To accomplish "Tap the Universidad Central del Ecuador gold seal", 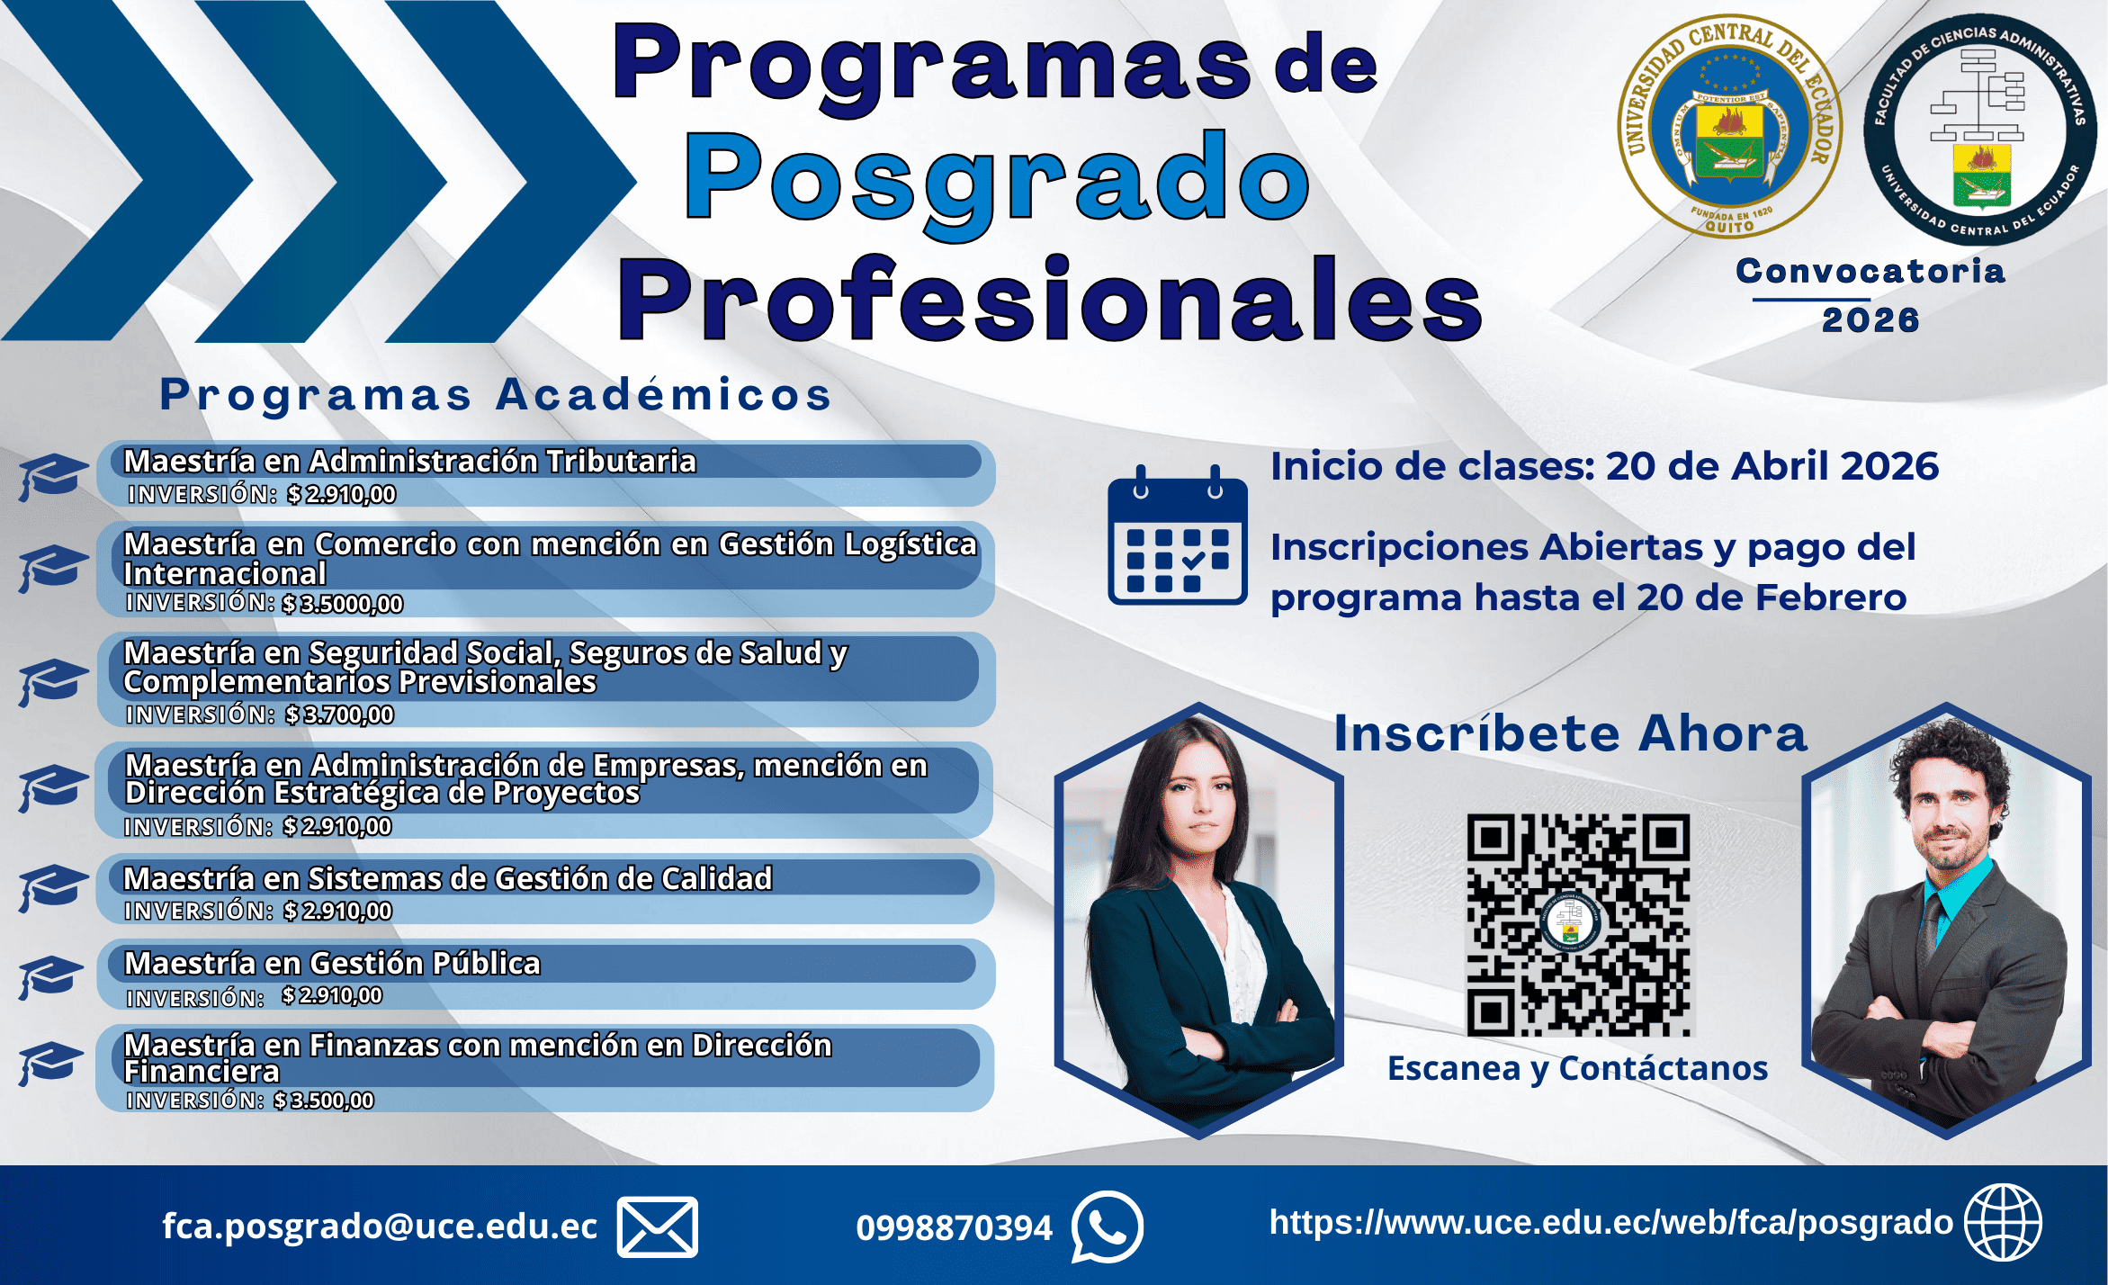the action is click(x=1729, y=126).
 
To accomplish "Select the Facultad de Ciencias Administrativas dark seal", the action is click(x=1979, y=128).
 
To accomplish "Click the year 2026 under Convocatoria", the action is click(x=1870, y=320).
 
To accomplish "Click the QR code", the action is click(x=1579, y=925).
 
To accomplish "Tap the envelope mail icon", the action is click(x=658, y=1227).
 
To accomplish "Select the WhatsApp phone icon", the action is click(x=1107, y=1227).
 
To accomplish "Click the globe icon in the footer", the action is click(x=2003, y=1222).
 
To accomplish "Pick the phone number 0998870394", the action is click(x=954, y=1227).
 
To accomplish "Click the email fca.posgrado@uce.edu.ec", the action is click(x=380, y=1227).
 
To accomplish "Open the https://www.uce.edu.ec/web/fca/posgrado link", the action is click(x=1610, y=1222).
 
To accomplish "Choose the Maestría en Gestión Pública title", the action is click(x=332, y=963).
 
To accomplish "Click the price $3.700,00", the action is click(x=340, y=714).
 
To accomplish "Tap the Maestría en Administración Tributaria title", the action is click(x=409, y=461).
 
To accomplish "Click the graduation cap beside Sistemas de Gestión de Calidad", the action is click(x=52, y=888).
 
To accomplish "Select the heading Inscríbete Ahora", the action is click(x=1570, y=733).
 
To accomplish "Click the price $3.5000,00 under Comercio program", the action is click(x=343, y=603).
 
